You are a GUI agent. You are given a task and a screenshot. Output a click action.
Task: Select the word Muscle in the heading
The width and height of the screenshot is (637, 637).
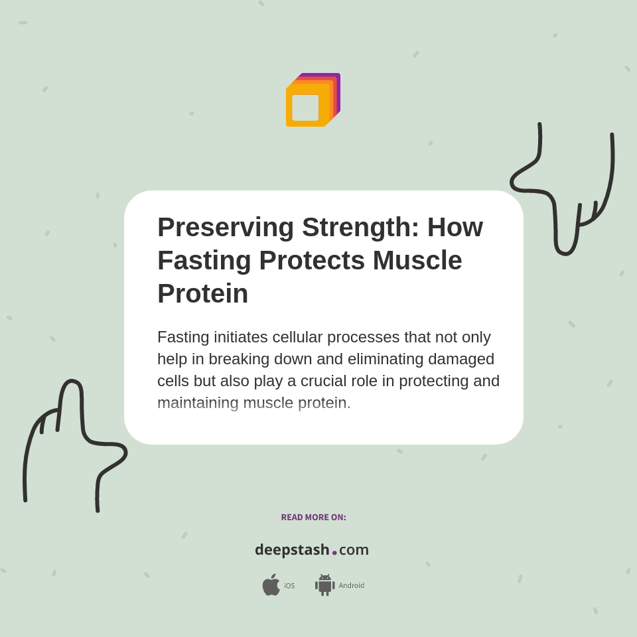(417, 260)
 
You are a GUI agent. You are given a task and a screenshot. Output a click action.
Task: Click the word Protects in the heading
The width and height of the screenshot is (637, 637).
(312, 260)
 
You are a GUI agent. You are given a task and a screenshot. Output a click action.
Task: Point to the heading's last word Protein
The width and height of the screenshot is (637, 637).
(202, 293)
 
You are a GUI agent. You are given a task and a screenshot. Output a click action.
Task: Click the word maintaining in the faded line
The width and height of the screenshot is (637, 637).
(198, 403)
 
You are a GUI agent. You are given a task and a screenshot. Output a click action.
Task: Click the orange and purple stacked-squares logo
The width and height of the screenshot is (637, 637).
(313, 100)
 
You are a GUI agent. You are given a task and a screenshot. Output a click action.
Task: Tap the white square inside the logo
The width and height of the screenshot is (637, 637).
(305, 107)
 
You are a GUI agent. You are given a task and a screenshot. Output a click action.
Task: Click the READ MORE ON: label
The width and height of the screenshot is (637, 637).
(313, 517)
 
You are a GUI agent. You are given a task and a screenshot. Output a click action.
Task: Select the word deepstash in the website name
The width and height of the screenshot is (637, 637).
(292, 549)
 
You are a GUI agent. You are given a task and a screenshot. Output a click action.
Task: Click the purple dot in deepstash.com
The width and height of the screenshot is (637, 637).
(334, 553)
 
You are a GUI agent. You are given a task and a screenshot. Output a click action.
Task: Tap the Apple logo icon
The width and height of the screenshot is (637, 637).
(271, 585)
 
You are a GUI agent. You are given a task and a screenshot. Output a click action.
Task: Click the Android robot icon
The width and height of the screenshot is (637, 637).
(324, 585)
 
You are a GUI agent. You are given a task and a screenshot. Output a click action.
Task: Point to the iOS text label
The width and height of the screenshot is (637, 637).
(289, 585)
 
